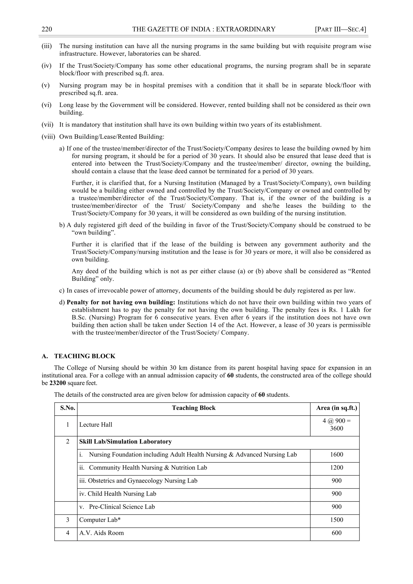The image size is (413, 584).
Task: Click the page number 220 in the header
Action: (x=47, y=29)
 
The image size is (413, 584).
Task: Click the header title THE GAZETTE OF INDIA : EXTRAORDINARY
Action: (x=204, y=29)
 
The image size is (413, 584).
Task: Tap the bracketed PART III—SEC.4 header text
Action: (x=340, y=29)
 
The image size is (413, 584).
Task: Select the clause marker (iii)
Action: (x=47, y=46)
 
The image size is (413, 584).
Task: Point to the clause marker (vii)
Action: (x=47, y=125)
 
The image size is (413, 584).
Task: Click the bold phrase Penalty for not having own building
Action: (x=121, y=302)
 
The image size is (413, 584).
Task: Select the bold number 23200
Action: (x=57, y=383)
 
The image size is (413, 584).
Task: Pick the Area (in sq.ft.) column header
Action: (x=336, y=408)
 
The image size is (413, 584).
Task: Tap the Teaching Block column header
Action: (x=194, y=408)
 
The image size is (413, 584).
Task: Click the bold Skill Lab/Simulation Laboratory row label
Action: (x=125, y=442)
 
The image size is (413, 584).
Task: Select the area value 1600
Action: (x=336, y=454)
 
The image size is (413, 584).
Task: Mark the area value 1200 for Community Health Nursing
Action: (x=336, y=468)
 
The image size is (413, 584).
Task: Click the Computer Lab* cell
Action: (x=100, y=520)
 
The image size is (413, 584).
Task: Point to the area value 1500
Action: (x=336, y=520)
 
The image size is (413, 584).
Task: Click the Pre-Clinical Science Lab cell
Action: (x=122, y=507)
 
